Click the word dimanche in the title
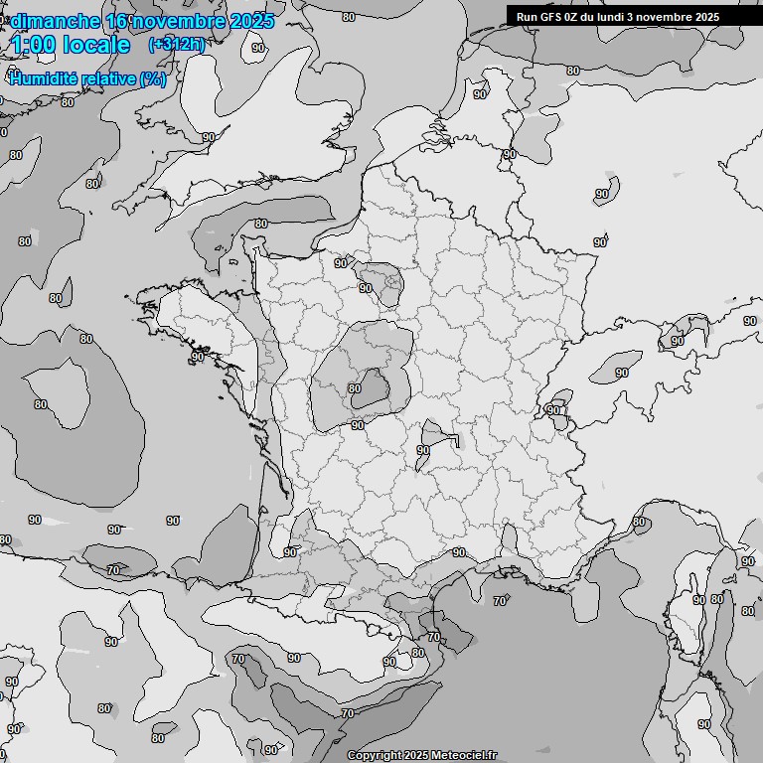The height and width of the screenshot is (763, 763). point(55,21)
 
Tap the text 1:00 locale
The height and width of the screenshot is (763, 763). point(71,45)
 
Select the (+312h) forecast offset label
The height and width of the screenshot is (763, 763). point(176,44)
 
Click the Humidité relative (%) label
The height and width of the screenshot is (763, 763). point(87,78)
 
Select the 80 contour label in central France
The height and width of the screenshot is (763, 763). point(355,388)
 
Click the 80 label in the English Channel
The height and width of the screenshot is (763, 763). point(260,224)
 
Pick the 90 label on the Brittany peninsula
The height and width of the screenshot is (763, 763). point(198,357)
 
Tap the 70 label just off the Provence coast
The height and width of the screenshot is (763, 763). point(500,601)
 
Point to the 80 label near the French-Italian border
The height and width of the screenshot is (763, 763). point(638,522)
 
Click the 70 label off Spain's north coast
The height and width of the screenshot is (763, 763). point(113,570)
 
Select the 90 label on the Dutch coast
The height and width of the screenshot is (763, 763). point(480,94)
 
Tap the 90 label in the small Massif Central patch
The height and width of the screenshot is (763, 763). point(423,450)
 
